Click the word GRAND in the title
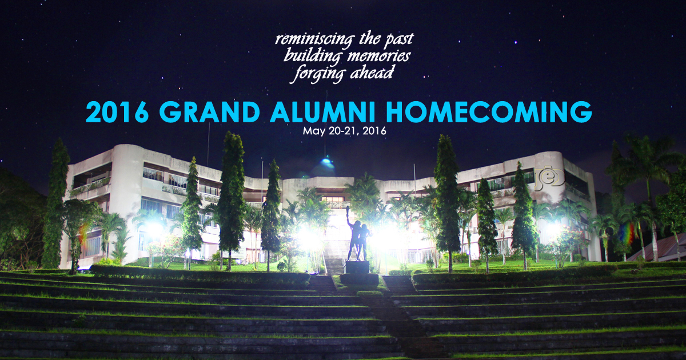209,112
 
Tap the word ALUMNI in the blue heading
322,112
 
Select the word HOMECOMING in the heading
489,112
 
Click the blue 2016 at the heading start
117,112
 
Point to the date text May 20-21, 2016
345,131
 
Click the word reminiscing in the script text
315,40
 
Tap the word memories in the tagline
378,57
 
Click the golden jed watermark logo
549,179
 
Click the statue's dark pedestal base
357,267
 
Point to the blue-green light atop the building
326,161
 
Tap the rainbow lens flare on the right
627,233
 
